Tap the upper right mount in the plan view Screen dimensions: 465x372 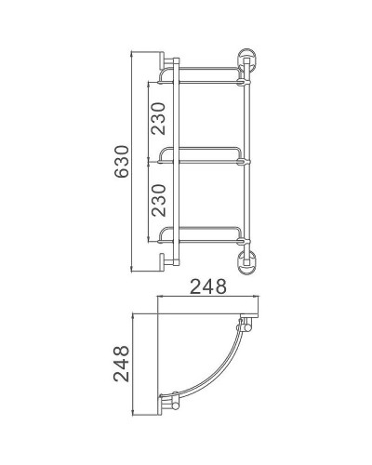click(x=246, y=326)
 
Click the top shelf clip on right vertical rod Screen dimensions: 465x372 click(x=245, y=82)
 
